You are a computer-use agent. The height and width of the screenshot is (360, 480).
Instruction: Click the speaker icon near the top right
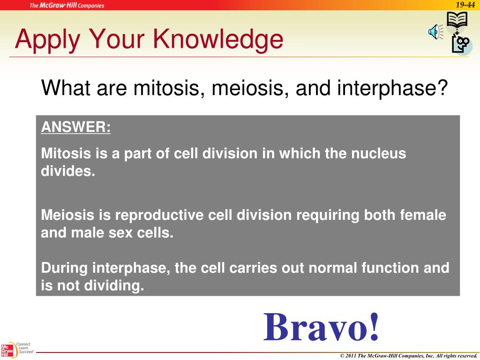pos(435,32)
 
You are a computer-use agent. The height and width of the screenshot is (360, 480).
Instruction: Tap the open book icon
pos(457,20)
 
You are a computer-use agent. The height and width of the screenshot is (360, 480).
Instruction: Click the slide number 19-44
pos(465,5)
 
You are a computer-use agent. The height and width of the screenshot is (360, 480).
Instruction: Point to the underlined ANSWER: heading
pos(75,127)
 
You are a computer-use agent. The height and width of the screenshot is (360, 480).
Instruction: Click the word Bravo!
pos(321,327)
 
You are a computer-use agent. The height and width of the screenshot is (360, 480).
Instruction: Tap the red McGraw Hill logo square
pos(7,351)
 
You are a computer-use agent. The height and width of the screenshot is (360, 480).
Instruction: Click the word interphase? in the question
pos(392,88)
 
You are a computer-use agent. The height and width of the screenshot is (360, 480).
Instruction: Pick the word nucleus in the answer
pos(378,153)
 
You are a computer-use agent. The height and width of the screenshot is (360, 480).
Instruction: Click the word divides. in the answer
pos(68,171)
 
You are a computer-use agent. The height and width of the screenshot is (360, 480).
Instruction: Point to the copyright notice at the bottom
pos(408,356)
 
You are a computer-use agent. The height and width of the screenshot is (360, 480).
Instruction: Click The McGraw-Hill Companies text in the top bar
pos(67,6)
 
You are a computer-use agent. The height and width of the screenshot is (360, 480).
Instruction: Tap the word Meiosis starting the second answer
pos(67,215)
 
